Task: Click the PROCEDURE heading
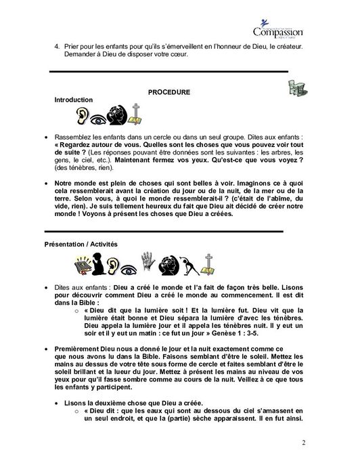[168, 91]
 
